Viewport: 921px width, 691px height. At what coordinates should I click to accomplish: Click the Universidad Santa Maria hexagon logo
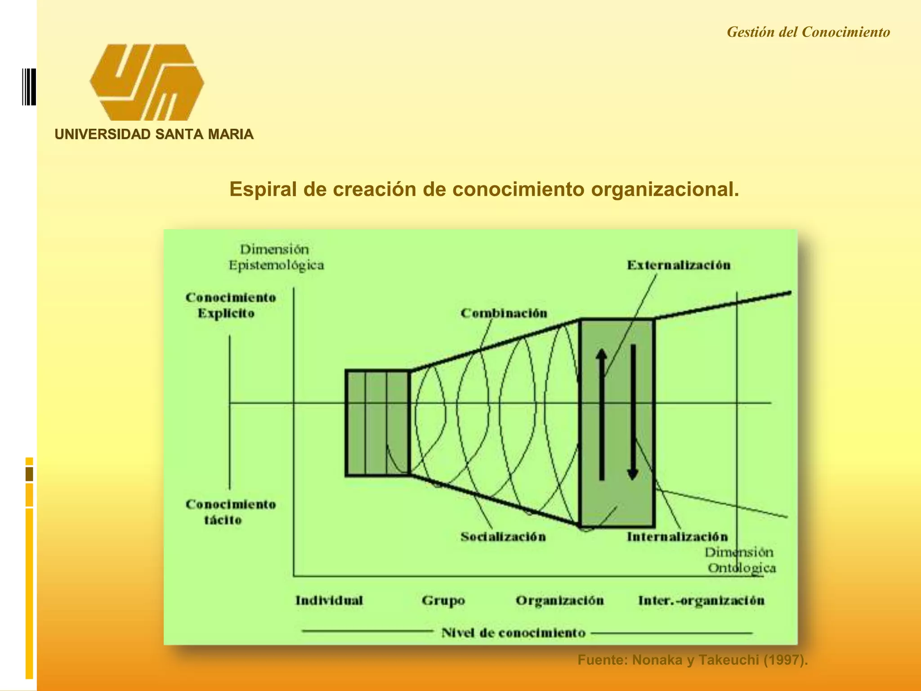coord(147,82)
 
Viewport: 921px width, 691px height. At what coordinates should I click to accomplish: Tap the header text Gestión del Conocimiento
coord(808,32)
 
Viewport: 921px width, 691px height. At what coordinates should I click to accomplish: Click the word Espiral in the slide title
coord(263,189)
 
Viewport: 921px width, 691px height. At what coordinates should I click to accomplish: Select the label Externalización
coord(679,265)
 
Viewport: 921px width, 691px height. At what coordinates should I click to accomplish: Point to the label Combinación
coord(504,313)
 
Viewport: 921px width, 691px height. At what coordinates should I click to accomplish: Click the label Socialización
coord(503,536)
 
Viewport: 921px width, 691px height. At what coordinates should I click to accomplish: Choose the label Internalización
coord(677,536)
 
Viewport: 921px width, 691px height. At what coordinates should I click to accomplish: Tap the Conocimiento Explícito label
coord(230,305)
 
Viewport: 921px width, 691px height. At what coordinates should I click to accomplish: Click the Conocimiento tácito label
coord(230,512)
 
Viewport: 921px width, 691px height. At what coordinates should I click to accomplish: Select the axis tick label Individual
coord(329,601)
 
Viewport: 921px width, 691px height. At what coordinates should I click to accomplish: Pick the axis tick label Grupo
coord(443,601)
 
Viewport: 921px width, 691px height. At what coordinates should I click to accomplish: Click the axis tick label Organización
coord(559,601)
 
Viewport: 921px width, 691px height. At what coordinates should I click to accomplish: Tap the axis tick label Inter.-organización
coord(701,601)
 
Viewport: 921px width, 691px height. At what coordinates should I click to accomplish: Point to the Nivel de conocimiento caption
coord(513,633)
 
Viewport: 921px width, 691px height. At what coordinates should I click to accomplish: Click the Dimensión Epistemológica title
coord(276,257)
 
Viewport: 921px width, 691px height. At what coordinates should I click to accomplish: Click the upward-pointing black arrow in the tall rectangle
coord(602,414)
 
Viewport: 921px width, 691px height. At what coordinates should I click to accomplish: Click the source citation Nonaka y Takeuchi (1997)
coord(693,660)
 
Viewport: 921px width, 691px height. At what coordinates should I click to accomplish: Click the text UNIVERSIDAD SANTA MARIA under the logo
coord(154,134)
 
